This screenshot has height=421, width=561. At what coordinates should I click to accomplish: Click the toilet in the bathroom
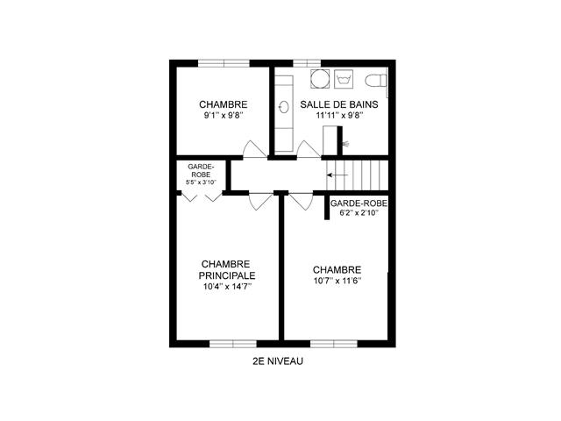coord(376,80)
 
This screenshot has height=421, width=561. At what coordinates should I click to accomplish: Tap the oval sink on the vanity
coord(284,107)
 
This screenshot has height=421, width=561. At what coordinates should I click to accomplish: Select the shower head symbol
coord(346,144)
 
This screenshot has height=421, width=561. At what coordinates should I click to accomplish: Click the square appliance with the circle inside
coord(319,78)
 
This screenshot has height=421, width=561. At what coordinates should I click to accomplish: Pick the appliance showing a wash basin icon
coord(344,79)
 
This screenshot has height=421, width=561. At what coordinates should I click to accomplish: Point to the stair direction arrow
coord(337,175)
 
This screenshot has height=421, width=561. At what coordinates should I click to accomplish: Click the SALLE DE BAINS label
coord(339,104)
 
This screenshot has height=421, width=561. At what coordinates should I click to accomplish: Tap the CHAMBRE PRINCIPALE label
coord(227,270)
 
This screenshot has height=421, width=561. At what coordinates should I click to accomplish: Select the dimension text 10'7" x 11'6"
coord(337,281)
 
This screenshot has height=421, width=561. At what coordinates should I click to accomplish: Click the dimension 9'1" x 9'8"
coord(224,116)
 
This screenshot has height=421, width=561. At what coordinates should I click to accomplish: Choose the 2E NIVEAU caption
coord(278,361)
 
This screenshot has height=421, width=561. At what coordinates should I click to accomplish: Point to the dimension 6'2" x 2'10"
coord(359,213)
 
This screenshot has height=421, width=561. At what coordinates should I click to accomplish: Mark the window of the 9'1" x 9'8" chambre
coord(224,63)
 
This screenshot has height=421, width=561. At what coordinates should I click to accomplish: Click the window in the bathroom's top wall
coord(307,63)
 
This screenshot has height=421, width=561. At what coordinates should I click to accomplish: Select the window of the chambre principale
coord(233,344)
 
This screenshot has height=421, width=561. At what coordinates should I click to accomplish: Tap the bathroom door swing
coord(309,149)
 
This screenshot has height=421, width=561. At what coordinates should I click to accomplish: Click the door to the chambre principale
coord(260,202)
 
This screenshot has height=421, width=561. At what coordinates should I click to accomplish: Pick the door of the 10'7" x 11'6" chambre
coord(301,202)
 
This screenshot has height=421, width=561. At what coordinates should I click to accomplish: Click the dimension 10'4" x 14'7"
coord(227,287)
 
